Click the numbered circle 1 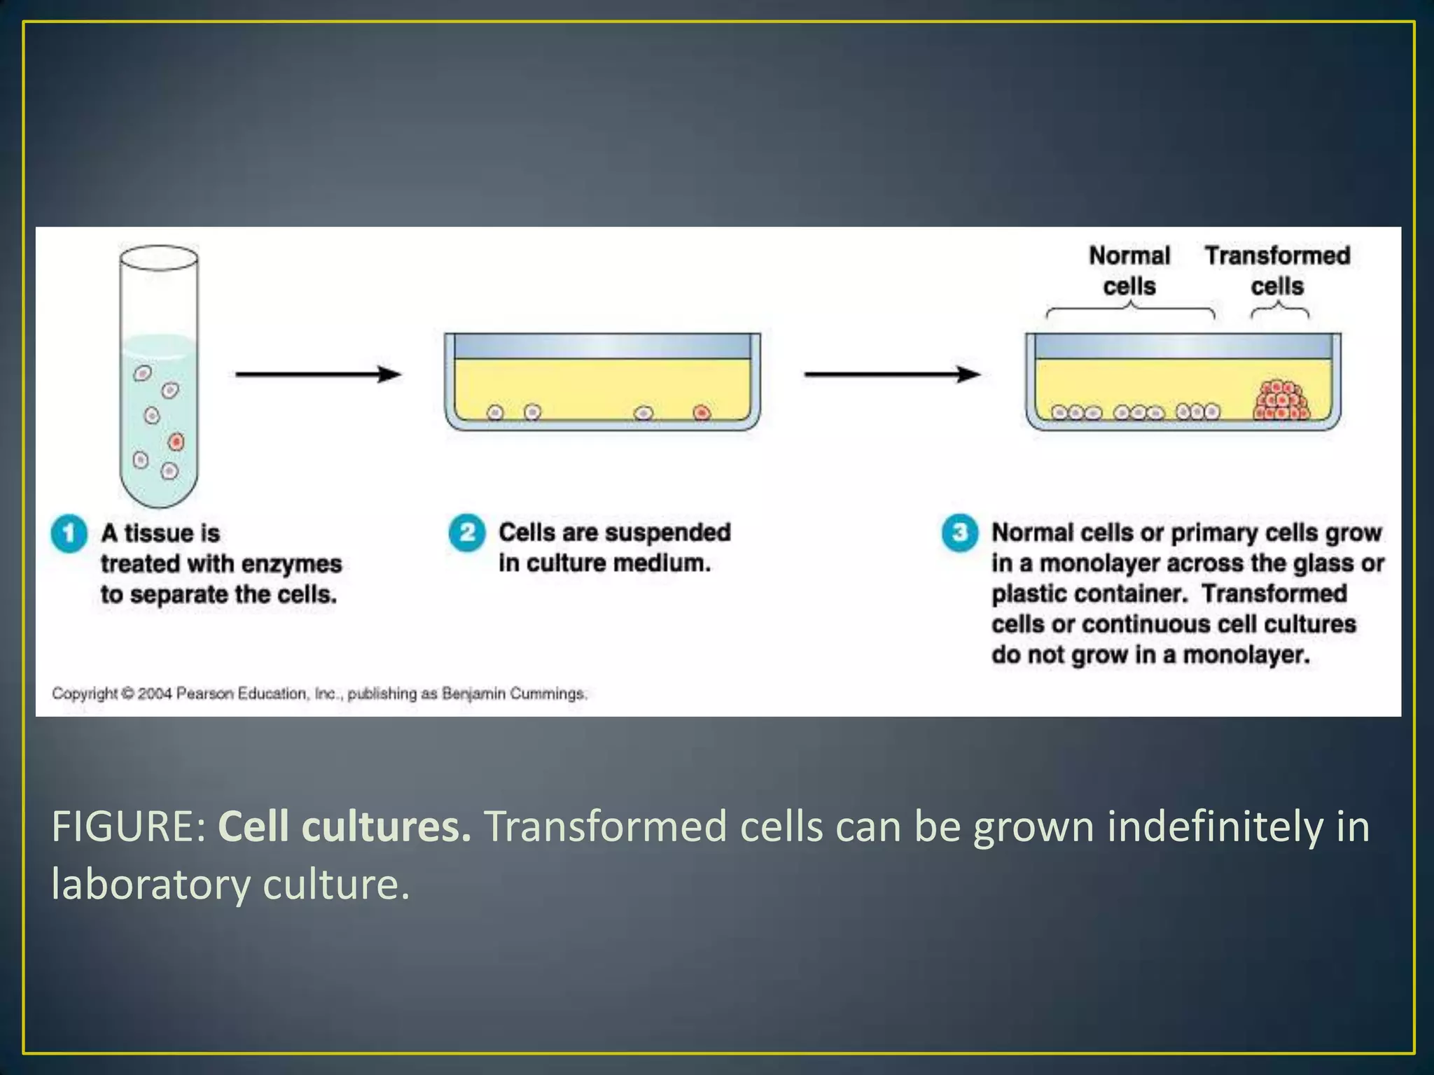coord(69,534)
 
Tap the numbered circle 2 coord(467,533)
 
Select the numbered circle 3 coord(959,533)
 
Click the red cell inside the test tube coord(176,442)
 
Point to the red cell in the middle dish coord(702,413)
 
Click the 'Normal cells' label coord(1129,271)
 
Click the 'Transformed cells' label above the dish coord(1277,271)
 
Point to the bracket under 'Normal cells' coord(1130,311)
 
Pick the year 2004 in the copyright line coord(154,694)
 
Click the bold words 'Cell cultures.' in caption coord(344,827)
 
